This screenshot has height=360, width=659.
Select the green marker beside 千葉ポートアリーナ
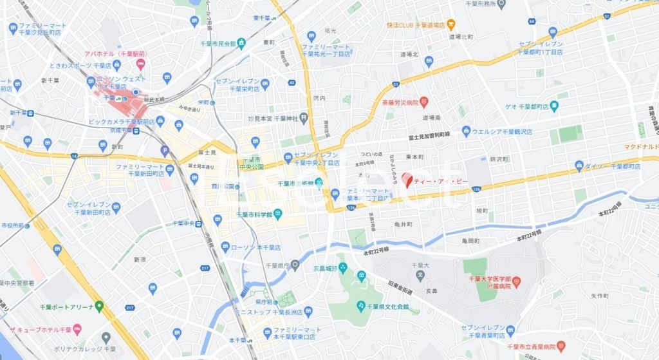(99, 306)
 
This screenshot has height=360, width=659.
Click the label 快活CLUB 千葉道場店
(416, 25)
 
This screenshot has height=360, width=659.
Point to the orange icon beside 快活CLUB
(451, 25)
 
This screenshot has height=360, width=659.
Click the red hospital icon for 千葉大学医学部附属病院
(515, 281)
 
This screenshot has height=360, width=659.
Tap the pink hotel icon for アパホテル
(140, 66)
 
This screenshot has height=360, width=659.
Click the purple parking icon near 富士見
(164, 152)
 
